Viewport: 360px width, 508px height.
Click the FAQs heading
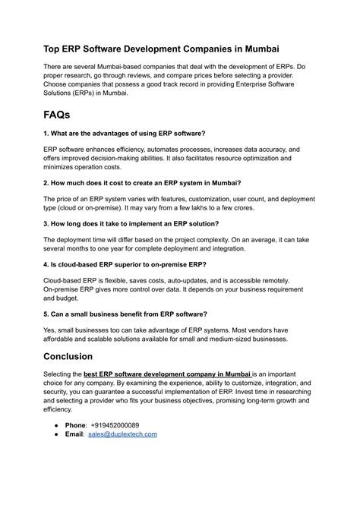click(68, 115)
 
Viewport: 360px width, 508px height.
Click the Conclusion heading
click(77, 356)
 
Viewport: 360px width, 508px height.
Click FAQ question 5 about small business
click(125, 314)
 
